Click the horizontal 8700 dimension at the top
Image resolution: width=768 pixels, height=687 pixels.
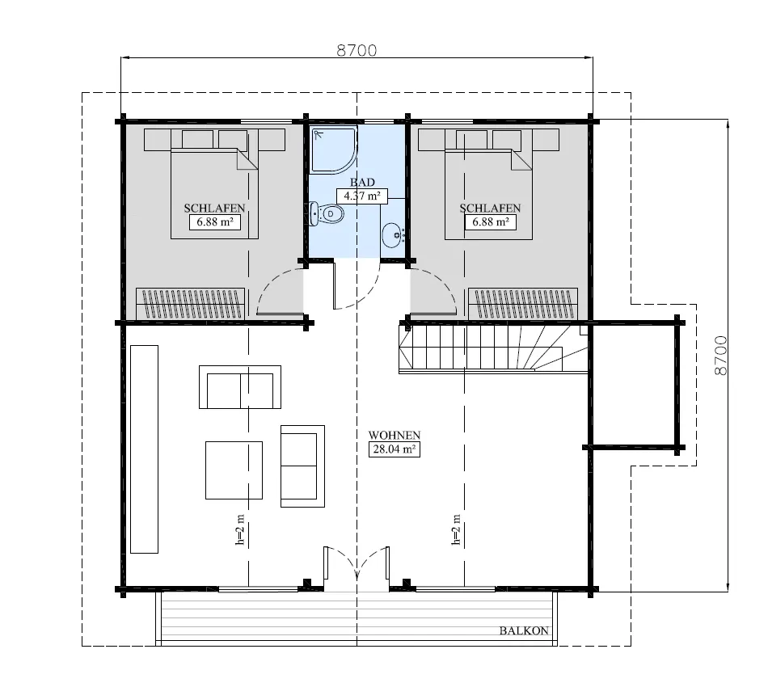(x=357, y=50)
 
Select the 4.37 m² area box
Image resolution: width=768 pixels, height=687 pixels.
(x=361, y=196)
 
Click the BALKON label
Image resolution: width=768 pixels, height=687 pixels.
(x=524, y=631)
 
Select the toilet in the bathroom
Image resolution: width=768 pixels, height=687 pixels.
(x=327, y=213)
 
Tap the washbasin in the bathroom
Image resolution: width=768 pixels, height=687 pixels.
(x=393, y=234)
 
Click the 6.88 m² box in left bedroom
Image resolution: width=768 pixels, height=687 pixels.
(x=215, y=221)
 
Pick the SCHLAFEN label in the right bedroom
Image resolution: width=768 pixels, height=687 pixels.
(x=490, y=208)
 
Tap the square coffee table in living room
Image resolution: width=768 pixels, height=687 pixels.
(x=234, y=470)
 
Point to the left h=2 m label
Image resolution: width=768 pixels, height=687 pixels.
(x=240, y=529)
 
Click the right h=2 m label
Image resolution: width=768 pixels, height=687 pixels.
(x=457, y=529)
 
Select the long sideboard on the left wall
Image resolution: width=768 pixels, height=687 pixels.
(x=144, y=449)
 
